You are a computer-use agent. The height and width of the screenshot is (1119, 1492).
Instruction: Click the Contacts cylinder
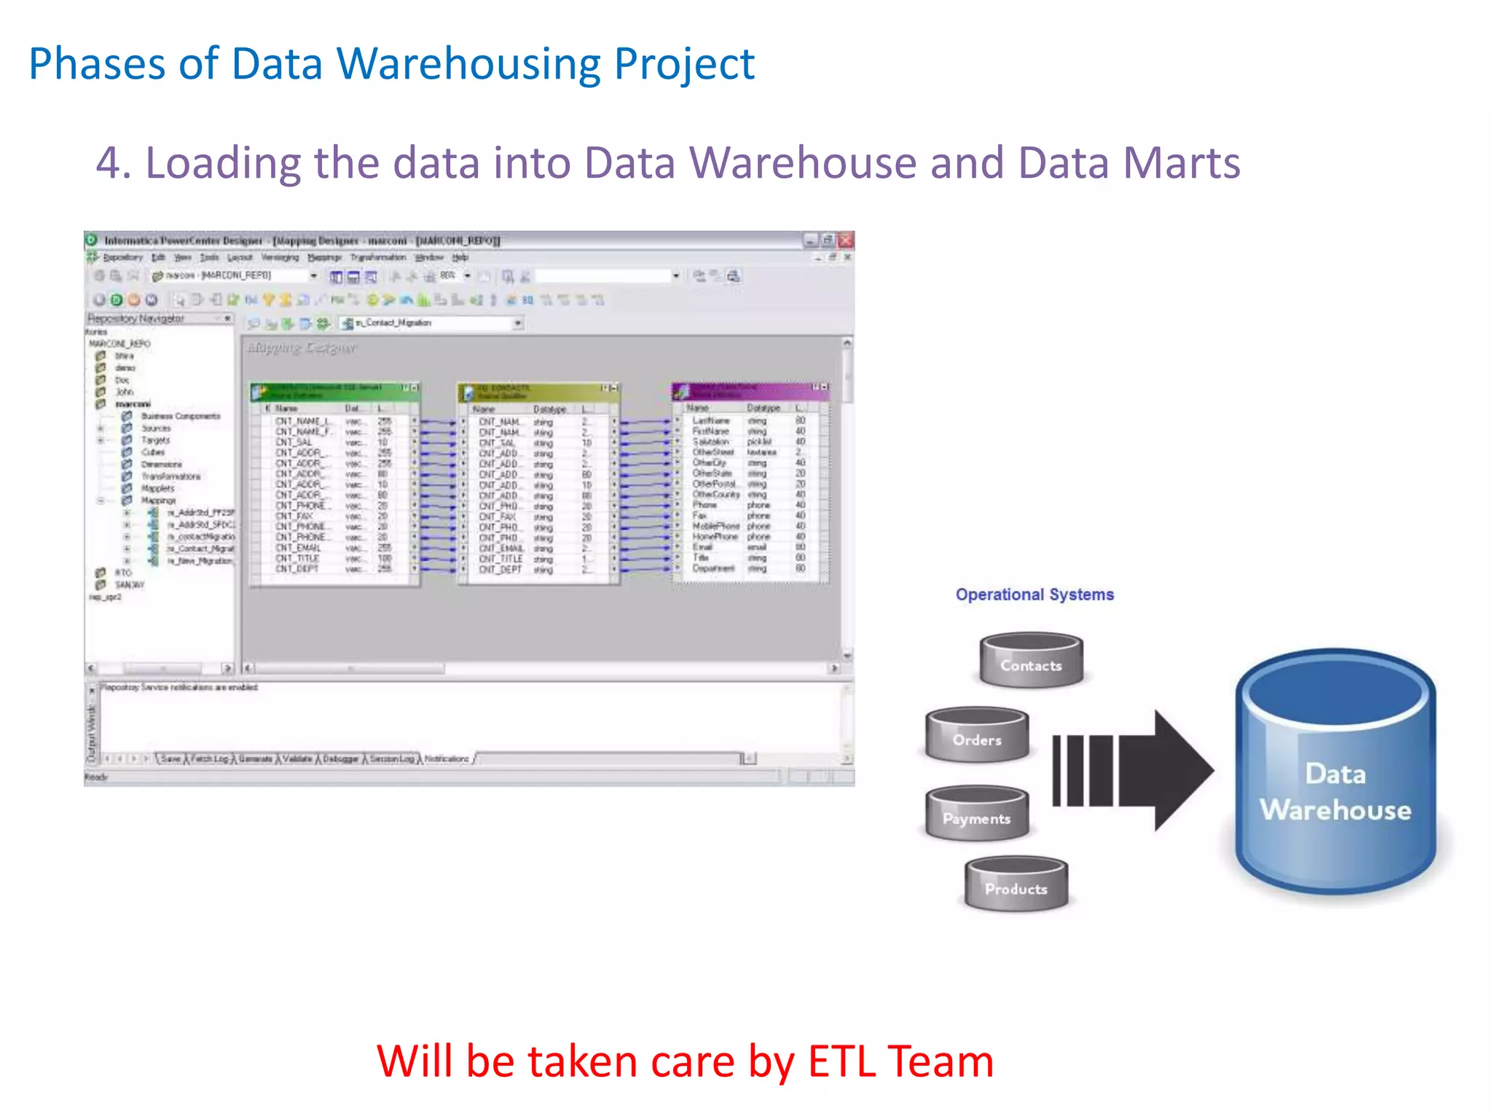click(x=1031, y=661)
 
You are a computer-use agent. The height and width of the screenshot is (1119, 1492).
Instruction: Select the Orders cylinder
click(x=977, y=736)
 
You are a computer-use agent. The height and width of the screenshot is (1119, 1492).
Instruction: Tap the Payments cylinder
click(x=977, y=814)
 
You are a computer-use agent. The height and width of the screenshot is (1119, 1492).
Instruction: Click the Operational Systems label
click(x=1034, y=594)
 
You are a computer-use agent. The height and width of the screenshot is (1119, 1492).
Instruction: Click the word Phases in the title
click(x=97, y=64)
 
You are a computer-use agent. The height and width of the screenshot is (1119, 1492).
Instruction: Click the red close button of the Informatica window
click(x=845, y=240)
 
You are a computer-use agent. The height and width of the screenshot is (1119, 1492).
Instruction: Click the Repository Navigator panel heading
click(x=136, y=318)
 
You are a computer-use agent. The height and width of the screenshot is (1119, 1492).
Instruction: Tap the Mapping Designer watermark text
click(x=302, y=348)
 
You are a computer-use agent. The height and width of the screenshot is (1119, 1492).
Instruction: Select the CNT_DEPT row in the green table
click(x=297, y=569)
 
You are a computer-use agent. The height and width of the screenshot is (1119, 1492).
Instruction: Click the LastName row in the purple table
click(x=710, y=420)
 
